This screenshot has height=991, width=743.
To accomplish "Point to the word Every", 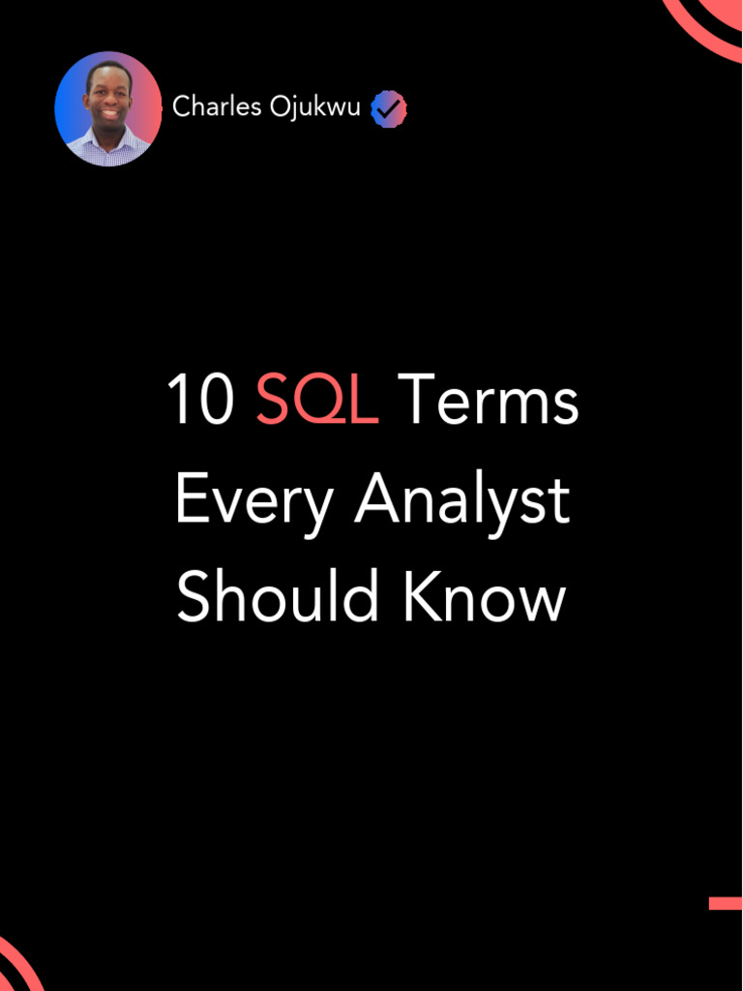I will point(253,502).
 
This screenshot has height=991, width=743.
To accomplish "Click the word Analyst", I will point(462,502).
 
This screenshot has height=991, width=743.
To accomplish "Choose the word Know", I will point(484,597).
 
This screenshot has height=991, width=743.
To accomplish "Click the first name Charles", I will point(217,107).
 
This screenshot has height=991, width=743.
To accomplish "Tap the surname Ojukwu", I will point(315,107).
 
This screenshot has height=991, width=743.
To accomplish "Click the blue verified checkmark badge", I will point(389,109).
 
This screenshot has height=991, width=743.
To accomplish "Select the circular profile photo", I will point(108,108).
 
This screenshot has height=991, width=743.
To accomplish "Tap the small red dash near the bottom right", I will point(725,903).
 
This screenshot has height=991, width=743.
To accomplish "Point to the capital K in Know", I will point(420,597).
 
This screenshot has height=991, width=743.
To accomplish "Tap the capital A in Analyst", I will point(375,500).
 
